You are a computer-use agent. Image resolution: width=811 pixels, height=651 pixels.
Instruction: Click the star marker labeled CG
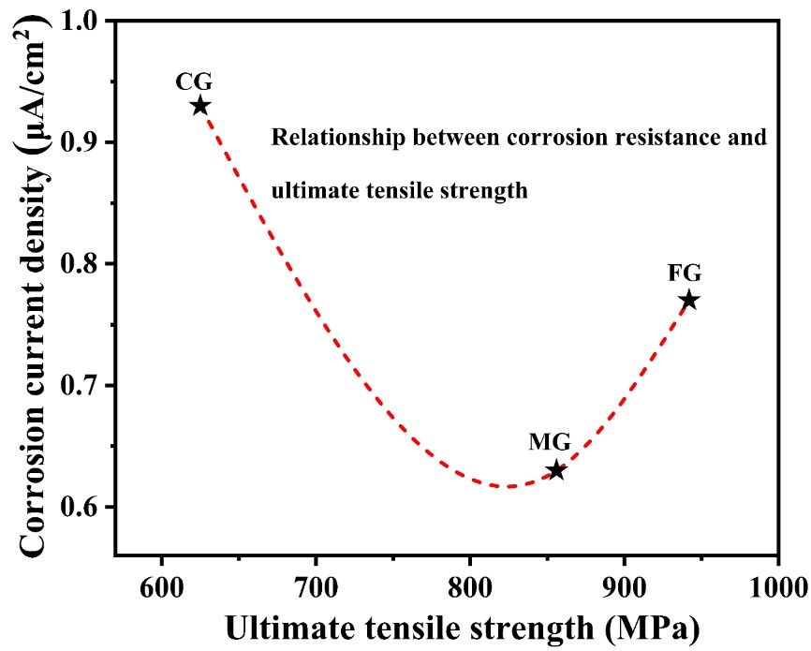click(x=199, y=106)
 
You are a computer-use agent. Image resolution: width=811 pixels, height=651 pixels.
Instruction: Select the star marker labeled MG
click(x=557, y=470)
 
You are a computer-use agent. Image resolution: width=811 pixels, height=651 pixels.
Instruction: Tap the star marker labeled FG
click(x=690, y=301)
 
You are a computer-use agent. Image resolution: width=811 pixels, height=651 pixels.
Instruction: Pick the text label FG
click(x=685, y=274)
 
